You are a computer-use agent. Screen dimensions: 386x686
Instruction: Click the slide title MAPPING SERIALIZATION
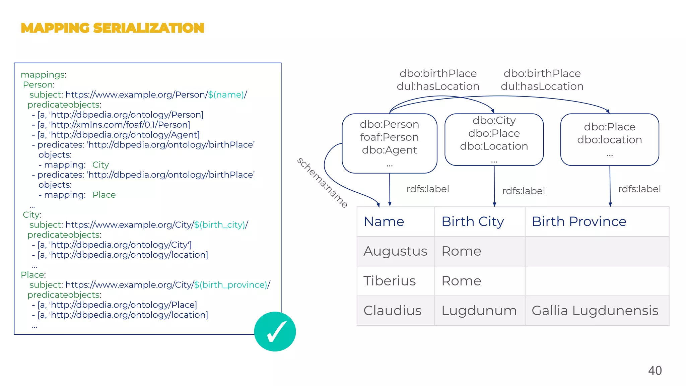(x=112, y=28)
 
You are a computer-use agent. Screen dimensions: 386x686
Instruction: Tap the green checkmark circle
(x=275, y=331)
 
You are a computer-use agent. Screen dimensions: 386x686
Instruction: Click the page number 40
(x=655, y=371)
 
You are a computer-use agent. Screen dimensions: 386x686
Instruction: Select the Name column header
(x=384, y=221)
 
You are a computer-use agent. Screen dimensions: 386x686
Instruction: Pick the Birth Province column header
(x=579, y=221)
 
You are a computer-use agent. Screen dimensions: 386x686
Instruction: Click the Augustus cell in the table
(x=395, y=251)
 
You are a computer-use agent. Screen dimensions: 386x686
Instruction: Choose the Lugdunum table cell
(x=479, y=311)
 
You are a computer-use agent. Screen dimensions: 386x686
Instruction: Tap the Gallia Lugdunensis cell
(x=595, y=311)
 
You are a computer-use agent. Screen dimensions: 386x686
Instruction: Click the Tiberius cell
(x=390, y=281)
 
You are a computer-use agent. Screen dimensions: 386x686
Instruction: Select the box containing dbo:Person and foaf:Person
(x=389, y=143)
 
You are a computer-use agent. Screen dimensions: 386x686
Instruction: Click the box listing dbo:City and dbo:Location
(x=494, y=139)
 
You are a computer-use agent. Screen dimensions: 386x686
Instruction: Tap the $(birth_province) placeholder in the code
(x=231, y=285)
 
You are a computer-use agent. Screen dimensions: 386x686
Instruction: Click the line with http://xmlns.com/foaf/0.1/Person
(x=114, y=125)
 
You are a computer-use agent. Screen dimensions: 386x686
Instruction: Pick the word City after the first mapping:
(x=100, y=165)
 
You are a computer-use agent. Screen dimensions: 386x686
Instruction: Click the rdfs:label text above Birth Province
(x=639, y=189)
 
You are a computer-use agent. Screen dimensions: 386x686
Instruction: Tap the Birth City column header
(x=472, y=221)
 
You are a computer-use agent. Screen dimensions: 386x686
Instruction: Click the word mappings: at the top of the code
(x=44, y=75)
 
